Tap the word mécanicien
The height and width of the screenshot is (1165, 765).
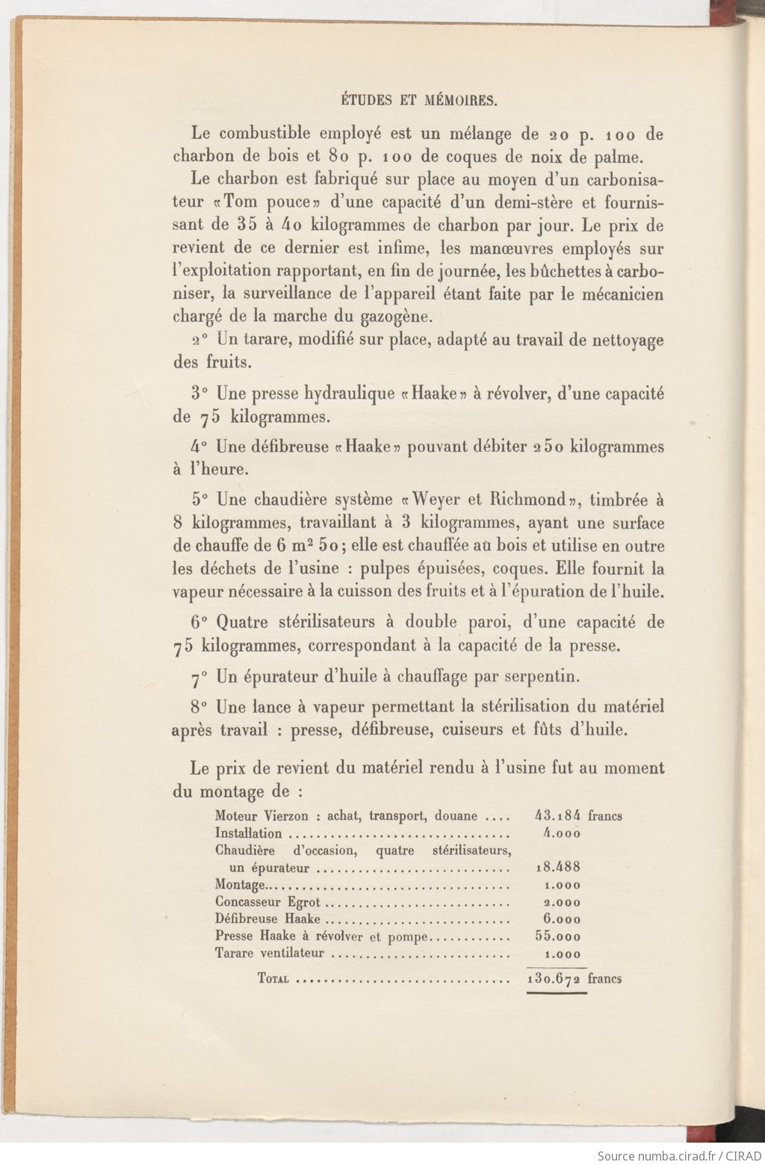click(x=615, y=293)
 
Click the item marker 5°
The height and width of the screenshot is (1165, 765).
click(x=198, y=500)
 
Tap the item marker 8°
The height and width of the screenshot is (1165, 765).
click(x=198, y=706)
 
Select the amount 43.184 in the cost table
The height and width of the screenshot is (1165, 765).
click(x=558, y=816)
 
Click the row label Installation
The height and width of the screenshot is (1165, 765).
click(x=248, y=833)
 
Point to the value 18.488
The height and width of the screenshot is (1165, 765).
click(x=558, y=868)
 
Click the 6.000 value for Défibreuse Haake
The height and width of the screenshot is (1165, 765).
click(x=562, y=919)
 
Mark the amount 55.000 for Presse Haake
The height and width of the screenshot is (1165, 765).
click(x=558, y=936)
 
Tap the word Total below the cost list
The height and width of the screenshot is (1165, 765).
click(x=273, y=978)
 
